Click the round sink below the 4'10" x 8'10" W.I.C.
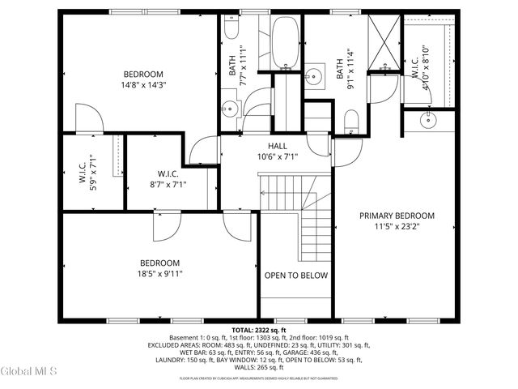point(427,122)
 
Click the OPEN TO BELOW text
point(296,276)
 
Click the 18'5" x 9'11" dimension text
point(160,274)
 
